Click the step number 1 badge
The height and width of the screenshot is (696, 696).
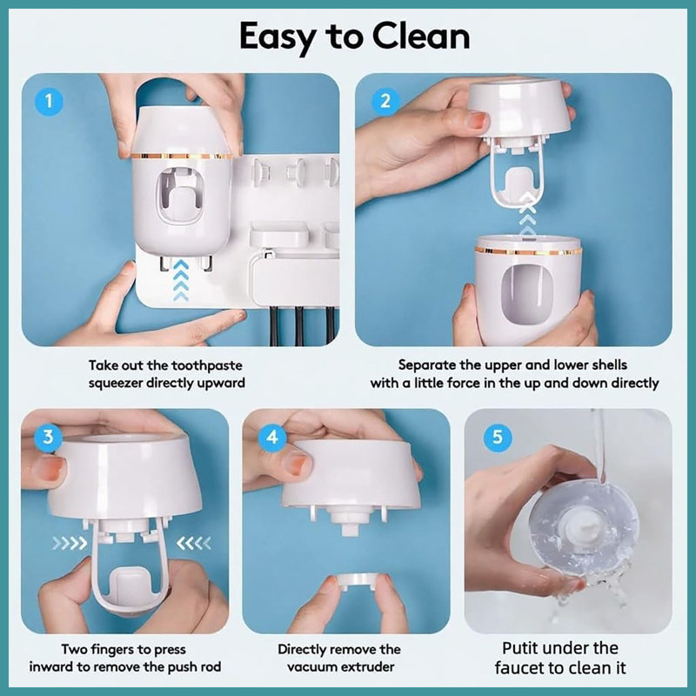[x=49, y=101]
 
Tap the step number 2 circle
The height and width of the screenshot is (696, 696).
[x=385, y=101]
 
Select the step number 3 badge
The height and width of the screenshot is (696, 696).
[x=48, y=437]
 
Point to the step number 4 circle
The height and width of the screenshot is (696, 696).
[x=272, y=438]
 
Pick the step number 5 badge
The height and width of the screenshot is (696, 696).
[x=497, y=437]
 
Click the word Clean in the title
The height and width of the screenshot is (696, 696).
[x=421, y=37]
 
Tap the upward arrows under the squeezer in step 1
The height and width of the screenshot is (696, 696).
[x=181, y=280]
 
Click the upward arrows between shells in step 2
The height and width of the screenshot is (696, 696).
[x=527, y=214]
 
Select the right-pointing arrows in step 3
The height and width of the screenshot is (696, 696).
[x=70, y=542]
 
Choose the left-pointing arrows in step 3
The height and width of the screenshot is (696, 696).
[x=194, y=542]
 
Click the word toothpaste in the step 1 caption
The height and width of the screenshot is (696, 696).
[x=207, y=365]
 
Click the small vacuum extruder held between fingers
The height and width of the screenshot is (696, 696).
[x=358, y=582]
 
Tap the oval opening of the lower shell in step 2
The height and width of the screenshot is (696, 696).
[x=526, y=294]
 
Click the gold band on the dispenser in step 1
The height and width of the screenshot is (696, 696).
[x=182, y=157]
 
